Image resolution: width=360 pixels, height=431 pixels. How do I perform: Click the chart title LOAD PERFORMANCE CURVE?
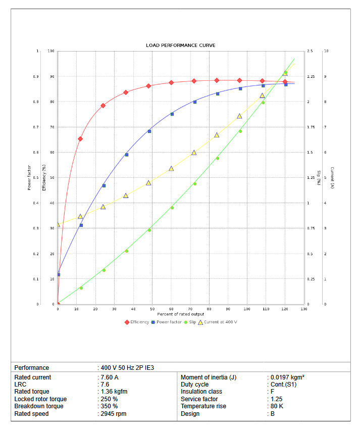click(x=180, y=45)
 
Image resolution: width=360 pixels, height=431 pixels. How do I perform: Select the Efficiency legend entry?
click(x=137, y=322)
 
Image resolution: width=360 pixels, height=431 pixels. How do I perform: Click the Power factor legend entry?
click(x=166, y=322)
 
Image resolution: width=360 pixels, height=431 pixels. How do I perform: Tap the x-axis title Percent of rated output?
click(x=180, y=314)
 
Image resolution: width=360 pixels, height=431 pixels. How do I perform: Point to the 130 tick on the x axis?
click(x=303, y=309)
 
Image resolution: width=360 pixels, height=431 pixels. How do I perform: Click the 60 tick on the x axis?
click(x=171, y=309)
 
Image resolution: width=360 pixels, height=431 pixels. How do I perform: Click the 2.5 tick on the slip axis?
click(x=310, y=52)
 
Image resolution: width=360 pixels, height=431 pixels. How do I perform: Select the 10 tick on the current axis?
click(x=326, y=52)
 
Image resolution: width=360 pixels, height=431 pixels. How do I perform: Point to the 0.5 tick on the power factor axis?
click(x=36, y=178)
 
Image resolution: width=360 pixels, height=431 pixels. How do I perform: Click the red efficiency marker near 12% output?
click(x=80, y=139)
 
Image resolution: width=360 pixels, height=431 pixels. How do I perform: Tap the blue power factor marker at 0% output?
click(x=58, y=274)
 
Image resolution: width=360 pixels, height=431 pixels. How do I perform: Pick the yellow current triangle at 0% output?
click(x=58, y=225)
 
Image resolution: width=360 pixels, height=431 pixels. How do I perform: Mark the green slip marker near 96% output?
click(x=240, y=131)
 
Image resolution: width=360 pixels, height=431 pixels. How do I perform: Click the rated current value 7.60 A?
click(x=109, y=377)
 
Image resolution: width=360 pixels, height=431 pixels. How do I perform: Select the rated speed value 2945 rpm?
click(x=113, y=414)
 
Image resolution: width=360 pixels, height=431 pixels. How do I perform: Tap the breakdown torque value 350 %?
click(x=109, y=406)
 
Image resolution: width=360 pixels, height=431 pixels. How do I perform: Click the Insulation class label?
click(x=201, y=392)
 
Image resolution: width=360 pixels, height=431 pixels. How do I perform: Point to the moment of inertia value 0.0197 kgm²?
click(x=287, y=377)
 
